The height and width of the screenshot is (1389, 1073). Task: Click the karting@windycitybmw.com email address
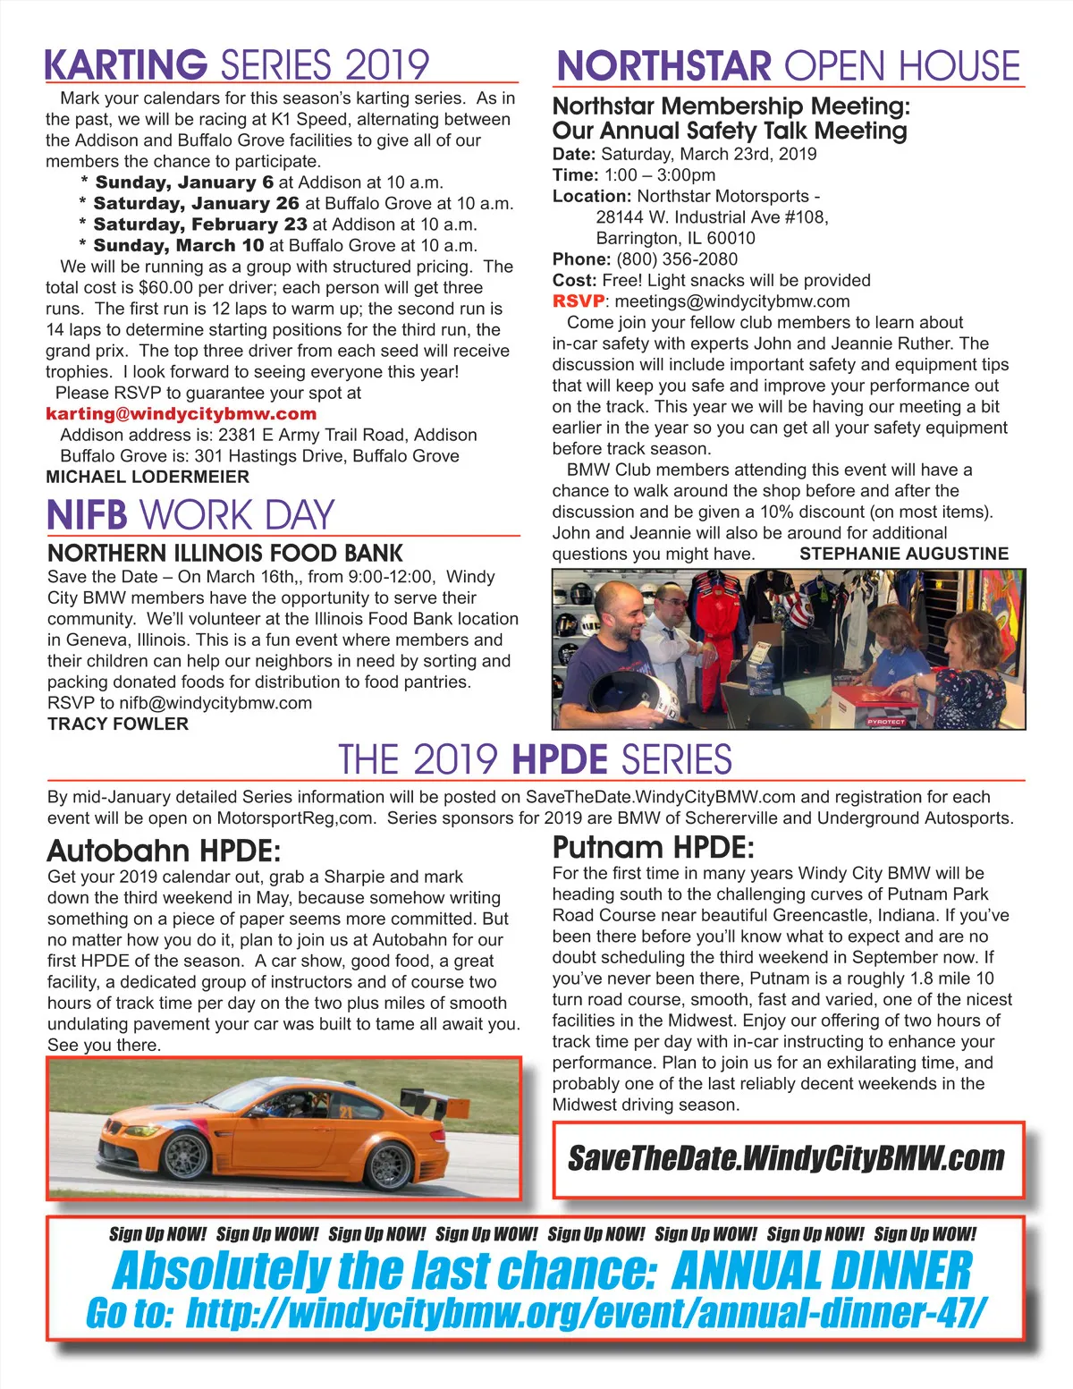pyautogui.click(x=182, y=414)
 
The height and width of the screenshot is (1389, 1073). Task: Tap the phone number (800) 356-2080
pyautogui.click(x=676, y=259)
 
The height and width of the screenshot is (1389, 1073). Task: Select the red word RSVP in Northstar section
pyautogui.click(x=578, y=301)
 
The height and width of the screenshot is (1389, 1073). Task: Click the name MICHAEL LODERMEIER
pyautogui.click(x=148, y=477)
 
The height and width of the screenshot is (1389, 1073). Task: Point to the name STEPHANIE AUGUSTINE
pyautogui.click(x=904, y=554)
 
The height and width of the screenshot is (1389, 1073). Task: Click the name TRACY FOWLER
pyautogui.click(x=118, y=724)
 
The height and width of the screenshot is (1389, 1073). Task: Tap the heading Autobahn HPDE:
pyautogui.click(x=164, y=850)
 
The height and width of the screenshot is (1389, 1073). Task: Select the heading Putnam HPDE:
pyautogui.click(x=653, y=846)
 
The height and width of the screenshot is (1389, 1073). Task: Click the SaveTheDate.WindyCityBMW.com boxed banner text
pyautogui.click(x=787, y=1158)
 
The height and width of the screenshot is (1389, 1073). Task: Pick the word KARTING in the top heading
pyautogui.click(x=125, y=66)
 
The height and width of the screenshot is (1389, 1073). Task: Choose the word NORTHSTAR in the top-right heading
pyautogui.click(x=663, y=67)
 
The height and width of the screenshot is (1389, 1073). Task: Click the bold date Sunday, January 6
pyautogui.click(x=184, y=182)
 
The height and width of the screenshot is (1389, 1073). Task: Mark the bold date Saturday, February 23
pyautogui.click(x=200, y=224)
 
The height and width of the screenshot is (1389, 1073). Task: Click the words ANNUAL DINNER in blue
pyautogui.click(x=821, y=1271)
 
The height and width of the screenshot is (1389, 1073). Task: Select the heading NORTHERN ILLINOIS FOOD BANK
pyautogui.click(x=225, y=553)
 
